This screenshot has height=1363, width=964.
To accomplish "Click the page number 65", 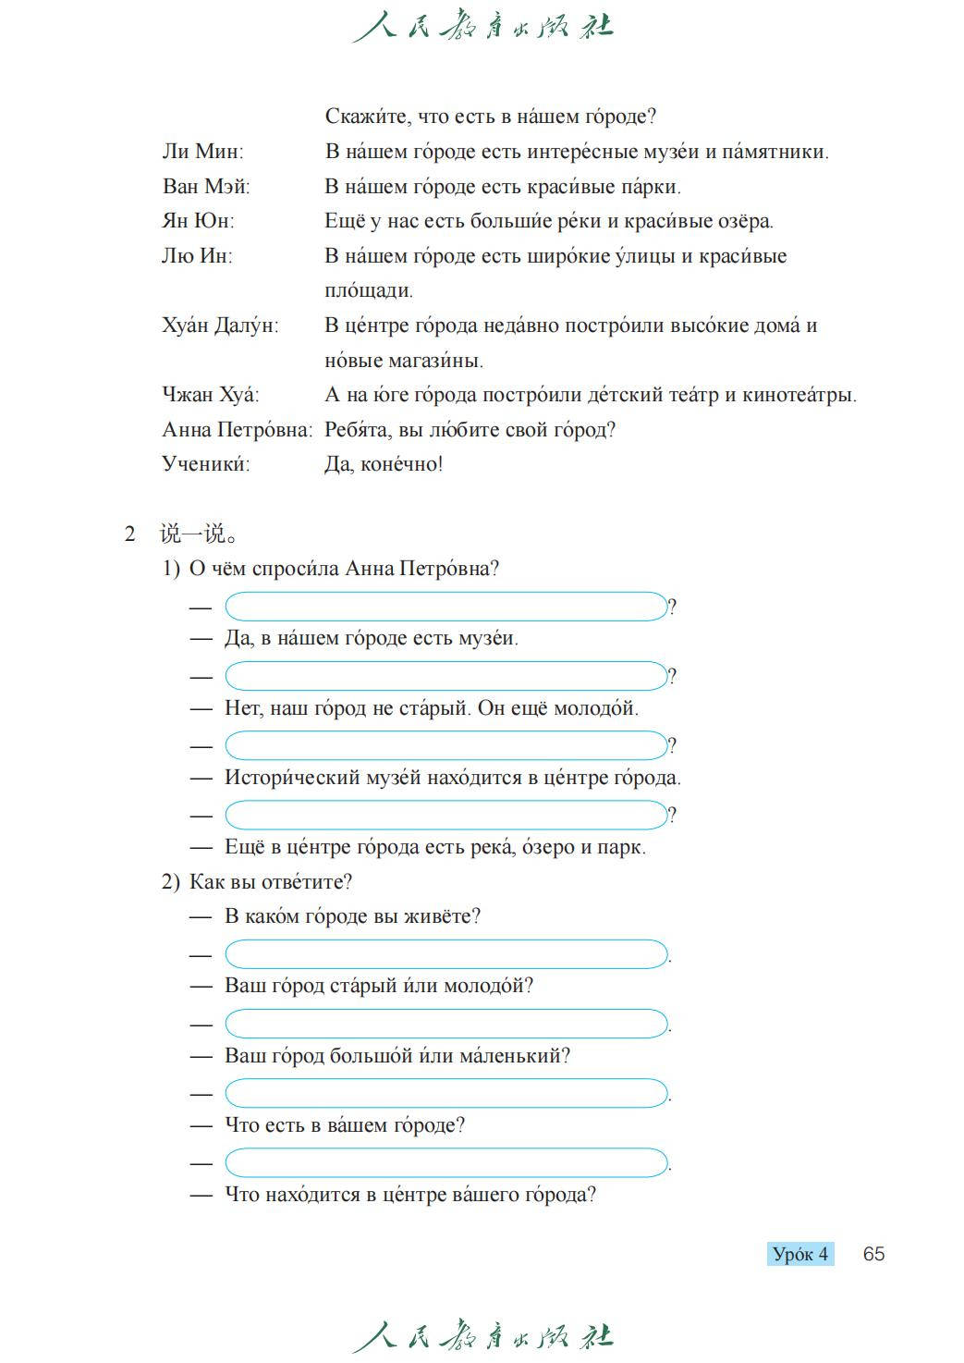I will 873,1254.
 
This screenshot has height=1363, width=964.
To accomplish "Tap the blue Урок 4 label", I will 800,1254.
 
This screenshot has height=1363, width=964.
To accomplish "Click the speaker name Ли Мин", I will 202,152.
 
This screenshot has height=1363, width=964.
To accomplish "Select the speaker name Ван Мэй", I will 206,187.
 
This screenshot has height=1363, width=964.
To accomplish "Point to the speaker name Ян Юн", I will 198,221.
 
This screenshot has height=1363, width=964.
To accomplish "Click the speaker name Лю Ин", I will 197,256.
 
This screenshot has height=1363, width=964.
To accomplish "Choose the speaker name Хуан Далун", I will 220,325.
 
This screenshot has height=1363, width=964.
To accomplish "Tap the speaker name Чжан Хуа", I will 211,395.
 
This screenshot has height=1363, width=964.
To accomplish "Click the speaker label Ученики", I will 206,464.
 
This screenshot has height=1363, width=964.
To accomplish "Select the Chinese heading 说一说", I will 198,534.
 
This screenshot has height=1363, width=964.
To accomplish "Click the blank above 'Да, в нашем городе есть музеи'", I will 445,607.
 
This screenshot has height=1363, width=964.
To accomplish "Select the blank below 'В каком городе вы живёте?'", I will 445,953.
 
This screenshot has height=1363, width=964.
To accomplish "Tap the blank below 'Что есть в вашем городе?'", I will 445,1162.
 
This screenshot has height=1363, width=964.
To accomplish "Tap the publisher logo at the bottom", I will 482,1337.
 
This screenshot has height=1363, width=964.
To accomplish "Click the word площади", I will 368,291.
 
